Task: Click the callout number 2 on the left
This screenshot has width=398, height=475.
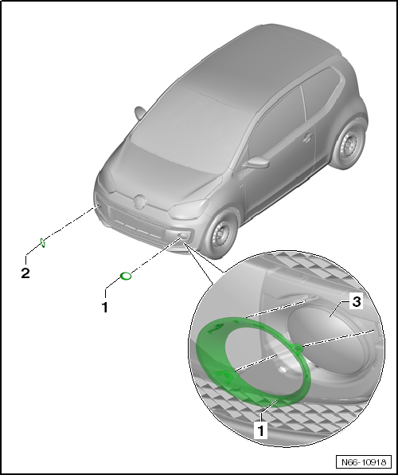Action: click(26, 273)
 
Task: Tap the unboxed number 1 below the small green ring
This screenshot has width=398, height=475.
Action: click(103, 304)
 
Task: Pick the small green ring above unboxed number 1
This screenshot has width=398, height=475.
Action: click(125, 277)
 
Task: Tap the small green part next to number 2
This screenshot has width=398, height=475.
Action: click(45, 243)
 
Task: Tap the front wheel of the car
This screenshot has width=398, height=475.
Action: click(223, 232)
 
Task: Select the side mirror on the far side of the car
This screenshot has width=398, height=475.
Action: click(140, 112)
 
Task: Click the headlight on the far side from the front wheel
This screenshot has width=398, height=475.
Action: click(107, 180)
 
